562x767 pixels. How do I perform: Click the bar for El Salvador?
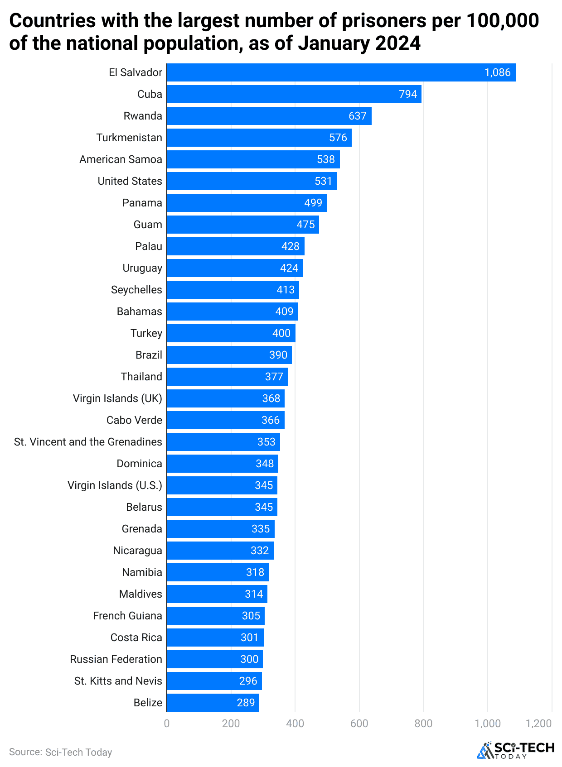341,72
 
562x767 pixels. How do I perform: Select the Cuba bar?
294,94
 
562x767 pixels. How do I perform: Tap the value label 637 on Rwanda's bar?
357,116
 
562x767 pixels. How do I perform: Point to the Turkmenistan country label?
129,138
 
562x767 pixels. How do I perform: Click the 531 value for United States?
323,181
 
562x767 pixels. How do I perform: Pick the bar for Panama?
247,203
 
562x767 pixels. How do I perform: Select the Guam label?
148,225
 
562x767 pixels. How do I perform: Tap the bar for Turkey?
231,333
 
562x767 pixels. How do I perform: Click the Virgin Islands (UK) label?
117,398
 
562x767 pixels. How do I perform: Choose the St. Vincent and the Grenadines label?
88,442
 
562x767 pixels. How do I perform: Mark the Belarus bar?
222,507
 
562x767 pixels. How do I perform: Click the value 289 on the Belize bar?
246,703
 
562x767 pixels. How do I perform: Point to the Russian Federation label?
116,659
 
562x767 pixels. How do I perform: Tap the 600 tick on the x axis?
359,723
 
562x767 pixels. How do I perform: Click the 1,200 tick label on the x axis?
538,723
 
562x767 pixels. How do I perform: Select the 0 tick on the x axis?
167,723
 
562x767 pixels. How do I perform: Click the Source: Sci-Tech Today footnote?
60,752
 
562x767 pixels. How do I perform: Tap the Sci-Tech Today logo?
515,750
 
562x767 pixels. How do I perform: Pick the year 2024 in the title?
397,43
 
